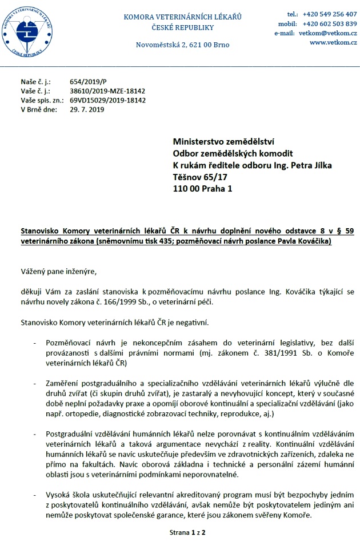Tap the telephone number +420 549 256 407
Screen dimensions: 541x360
point(330,14)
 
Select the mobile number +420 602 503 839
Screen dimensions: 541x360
point(330,23)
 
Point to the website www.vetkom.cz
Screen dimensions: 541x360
point(333,43)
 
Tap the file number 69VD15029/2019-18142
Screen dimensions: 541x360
point(108,100)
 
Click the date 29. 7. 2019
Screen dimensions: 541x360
point(87,109)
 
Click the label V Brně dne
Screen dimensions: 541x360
point(38,109)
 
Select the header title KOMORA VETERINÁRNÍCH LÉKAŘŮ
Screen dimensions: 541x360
point(182,17)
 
